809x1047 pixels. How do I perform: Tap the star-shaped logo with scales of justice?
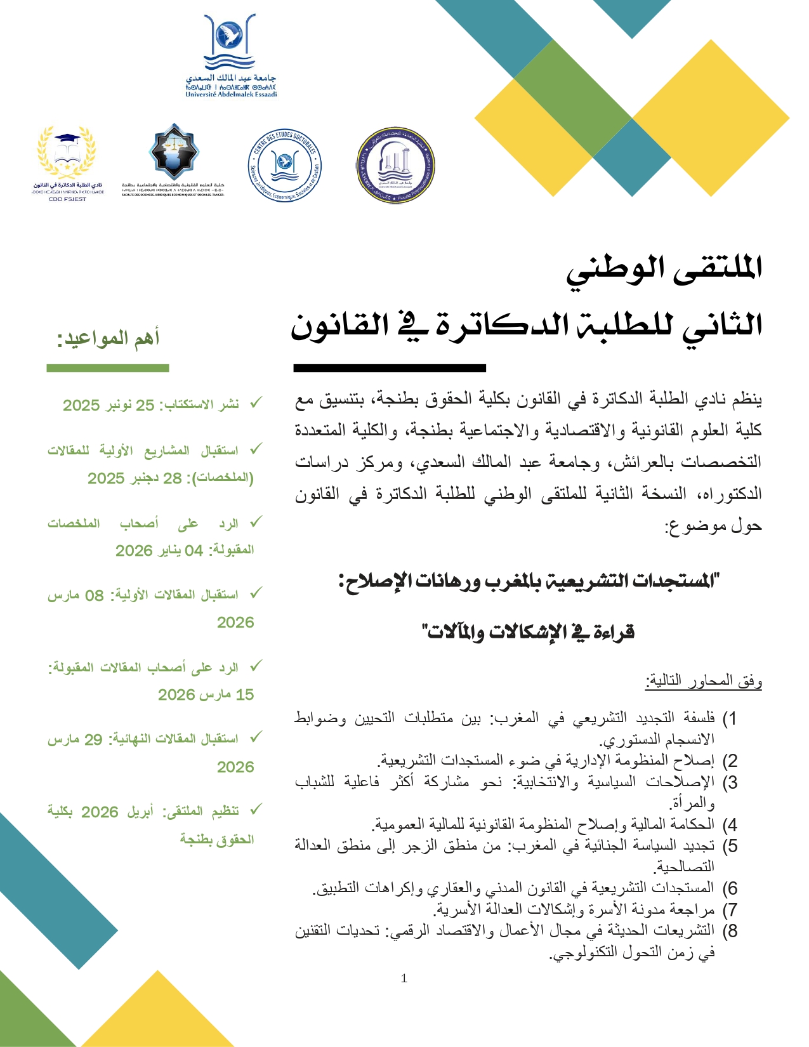pos(173,152)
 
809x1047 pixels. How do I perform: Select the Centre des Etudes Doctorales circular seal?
pos(284,166)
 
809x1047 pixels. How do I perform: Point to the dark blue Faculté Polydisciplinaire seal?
pos(395,166)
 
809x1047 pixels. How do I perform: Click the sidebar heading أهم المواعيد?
pos(109,338)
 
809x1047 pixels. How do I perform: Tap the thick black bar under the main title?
pos(389,368)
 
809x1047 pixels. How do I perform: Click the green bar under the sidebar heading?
pos(108,368)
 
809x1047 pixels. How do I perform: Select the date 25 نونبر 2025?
pos(109,405)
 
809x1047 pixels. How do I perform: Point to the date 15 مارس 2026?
pos(206,695)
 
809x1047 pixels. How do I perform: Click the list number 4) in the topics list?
pos(730,825)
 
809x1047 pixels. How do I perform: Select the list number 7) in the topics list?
pos(730,910)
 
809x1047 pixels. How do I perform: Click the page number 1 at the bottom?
pos(404,978)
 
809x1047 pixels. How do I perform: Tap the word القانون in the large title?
pos(339,326)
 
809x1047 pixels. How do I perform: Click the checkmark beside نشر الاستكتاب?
pos(255,403)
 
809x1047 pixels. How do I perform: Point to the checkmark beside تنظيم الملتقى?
pos(255,810)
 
